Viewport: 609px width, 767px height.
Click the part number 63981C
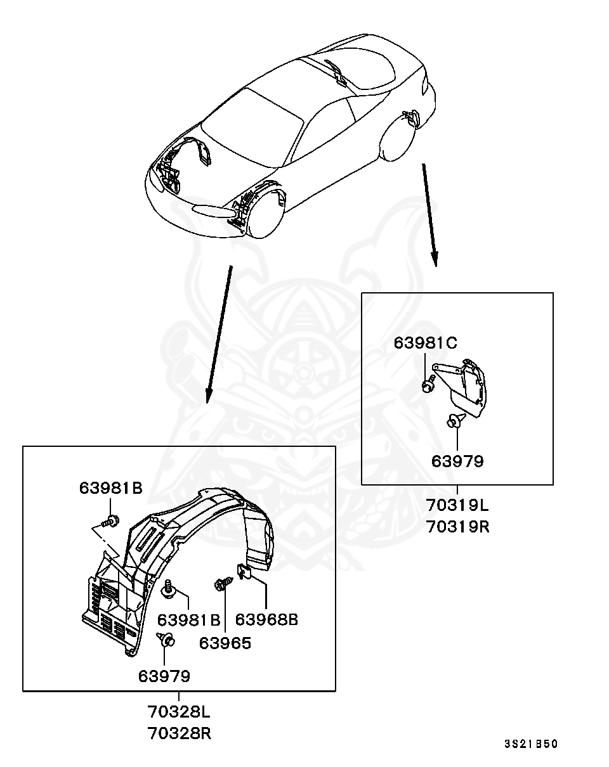[x=425, y=343]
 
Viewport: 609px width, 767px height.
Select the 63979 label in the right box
[x=457, y=461]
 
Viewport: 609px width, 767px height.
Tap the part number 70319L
[x=457, y=506]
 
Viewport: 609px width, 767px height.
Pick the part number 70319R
[x=457, y=526]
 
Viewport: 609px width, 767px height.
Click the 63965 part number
[x=225, y=643]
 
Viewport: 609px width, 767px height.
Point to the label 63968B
[x=266, y=619]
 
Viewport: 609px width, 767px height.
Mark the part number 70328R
[x=179, y=733]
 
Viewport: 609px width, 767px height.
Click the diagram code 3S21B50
[x=531, y=744]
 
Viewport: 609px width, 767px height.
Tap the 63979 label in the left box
[x=164, y=676]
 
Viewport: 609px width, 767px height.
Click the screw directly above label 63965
[x=223, y=584]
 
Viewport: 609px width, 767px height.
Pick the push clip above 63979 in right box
[x=455, y=420]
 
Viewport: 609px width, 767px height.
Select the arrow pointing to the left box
[x=218, y=333]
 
